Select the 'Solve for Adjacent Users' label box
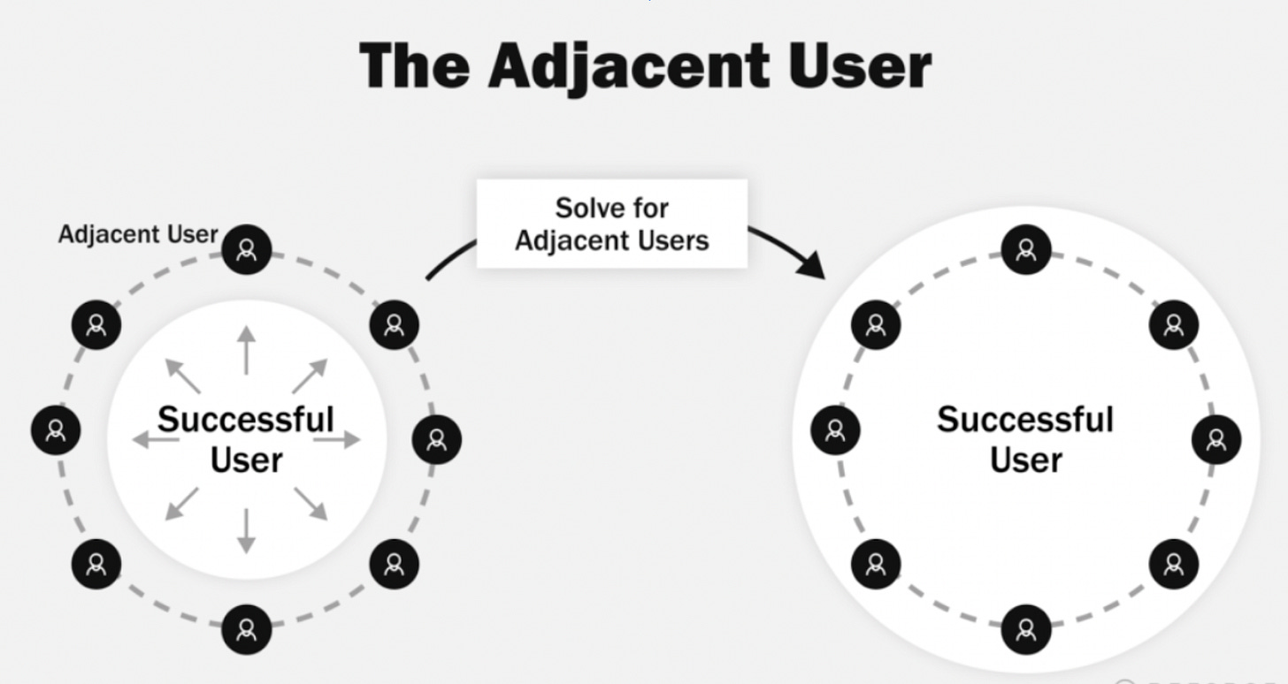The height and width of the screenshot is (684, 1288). pyautogui.click(x=612, y=224)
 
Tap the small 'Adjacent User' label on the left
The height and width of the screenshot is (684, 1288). pyautogui.click(x=137, y=234)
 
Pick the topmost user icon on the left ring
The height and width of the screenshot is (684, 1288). pyautogui.click(x=247, y=250)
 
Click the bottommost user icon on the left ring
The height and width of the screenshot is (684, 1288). pyautogui.click(x=247, y=629)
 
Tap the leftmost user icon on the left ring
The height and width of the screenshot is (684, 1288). pyautogui.click(x=56, y=430)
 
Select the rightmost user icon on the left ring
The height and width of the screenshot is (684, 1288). pyautogui.click(x=437, y=439)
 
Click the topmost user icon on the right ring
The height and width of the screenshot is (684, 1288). pyautogui.click(x=1026, y=250)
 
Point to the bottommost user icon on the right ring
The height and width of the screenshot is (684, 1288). pyautogui.click(x=1026, y=629)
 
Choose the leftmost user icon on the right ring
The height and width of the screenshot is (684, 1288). pyautogui.click(x=835, y=430)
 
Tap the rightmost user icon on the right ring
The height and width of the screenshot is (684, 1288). pyautogui.click(x=1216, y=439)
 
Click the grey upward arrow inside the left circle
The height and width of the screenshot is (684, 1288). pyautogui.click(x=247, y=350)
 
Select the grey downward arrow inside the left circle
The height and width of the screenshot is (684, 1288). pyautogui.click(x=247, y=530)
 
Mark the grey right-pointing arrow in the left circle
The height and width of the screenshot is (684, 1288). pyautogui.click(x=340, y=439)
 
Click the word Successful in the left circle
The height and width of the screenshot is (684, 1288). pyautogui.click(x=246, y=419)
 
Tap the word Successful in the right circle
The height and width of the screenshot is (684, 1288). pyautogui.click(x=1025, y=419)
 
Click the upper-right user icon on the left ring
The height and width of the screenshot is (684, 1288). pyautogui.click(x=394, y=324)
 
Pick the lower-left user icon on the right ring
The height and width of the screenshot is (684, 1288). pyautogui.click(x=876, y=563)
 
